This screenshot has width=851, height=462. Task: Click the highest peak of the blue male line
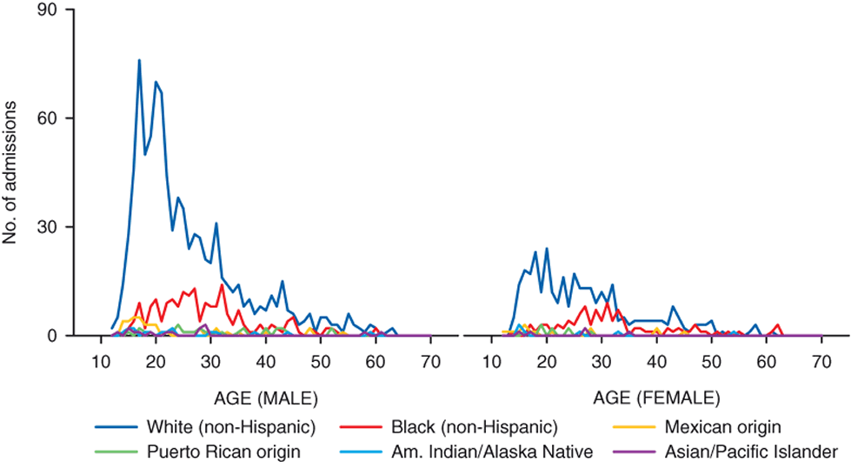pyautogui.click(x=139, y=61)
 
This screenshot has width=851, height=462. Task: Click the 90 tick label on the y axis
pyautogui.click(x=52, y=10)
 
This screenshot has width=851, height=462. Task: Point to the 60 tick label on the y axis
pyautogui.click(x=52, y=118)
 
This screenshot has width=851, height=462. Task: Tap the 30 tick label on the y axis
pyautogui.click(x=52, y=227)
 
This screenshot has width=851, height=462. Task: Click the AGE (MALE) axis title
pyautogui.click(x=266, y=398)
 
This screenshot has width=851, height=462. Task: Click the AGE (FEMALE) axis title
pyautogui.click(x=657, y=398)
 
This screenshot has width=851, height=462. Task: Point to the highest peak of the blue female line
pyautogui.click(x=547, y=249)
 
